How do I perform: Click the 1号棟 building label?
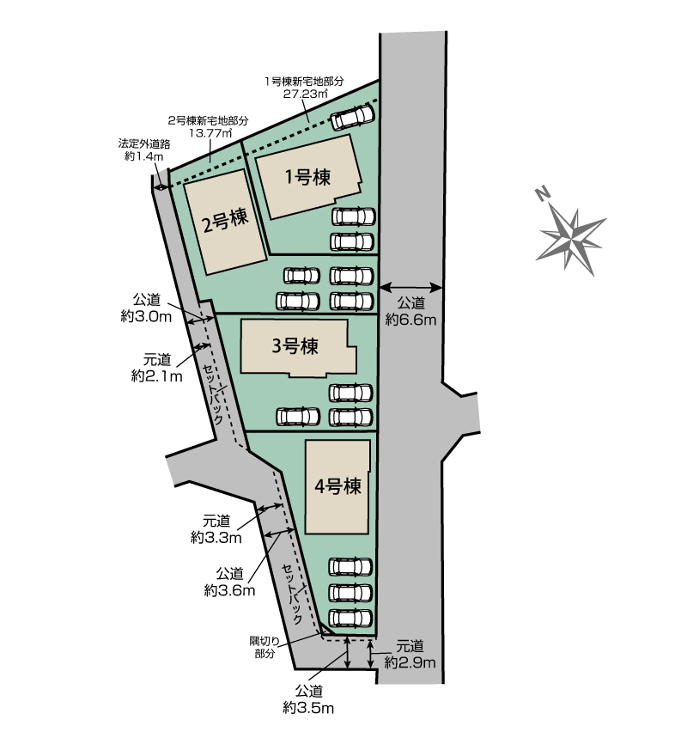[307, 177]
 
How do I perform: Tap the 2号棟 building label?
[225, 219]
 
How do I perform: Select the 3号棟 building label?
[295, 346]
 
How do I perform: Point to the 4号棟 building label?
[337, 486]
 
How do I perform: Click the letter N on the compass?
[542, 193]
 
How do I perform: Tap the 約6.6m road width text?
[410, 320]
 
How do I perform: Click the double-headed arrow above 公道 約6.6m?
[410, 287]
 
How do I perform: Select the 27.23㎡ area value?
[305, 94]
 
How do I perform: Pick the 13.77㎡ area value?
[210, 133]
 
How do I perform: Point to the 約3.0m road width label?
[146, 316]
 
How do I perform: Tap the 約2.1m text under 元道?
[157, 375]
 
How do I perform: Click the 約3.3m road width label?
[216, 537]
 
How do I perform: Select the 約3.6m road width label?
[229, 590]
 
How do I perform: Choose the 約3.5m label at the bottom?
[308, 708]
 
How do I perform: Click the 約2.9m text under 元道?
[410, 662]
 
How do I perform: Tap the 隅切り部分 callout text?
[264, 648]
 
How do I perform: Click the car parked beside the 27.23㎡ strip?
[353, 117]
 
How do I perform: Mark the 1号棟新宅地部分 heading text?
[304, 82]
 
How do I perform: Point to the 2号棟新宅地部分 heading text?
[208, 121]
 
